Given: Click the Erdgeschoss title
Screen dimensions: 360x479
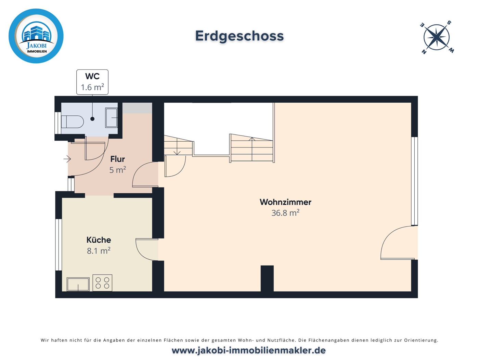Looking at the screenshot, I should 239,36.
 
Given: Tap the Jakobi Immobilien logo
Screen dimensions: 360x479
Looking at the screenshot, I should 36,36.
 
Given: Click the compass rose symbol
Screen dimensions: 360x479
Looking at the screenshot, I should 437,37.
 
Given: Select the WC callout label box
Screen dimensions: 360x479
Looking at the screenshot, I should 92,82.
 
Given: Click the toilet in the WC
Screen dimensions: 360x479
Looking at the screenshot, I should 72,122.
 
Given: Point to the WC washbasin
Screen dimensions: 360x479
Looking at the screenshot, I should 112,118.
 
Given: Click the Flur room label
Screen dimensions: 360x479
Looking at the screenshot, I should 117,159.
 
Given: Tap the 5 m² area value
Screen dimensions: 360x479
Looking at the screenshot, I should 117,170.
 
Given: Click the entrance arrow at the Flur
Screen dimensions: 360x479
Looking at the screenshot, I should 67,159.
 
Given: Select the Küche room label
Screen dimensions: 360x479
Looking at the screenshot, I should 99,240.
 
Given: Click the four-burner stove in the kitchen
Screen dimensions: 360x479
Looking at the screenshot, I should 102,283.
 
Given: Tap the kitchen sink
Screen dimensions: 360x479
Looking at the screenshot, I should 78,284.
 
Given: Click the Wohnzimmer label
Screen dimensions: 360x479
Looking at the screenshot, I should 285,202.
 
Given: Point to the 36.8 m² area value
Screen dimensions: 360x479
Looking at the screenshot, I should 285,213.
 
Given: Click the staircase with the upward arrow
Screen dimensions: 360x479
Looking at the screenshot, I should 252,148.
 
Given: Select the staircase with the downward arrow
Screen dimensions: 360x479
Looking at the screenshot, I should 178,145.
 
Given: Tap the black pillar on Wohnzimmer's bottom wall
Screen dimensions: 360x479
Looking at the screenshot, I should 267,278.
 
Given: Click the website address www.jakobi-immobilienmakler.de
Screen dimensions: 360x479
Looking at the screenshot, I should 248,350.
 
